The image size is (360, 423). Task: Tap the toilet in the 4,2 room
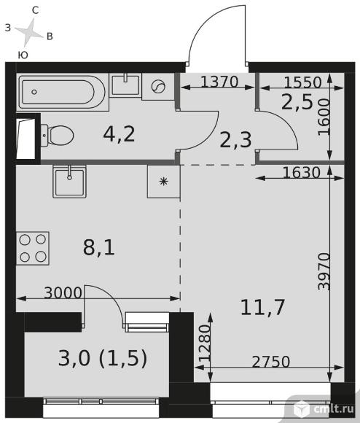click(57, 136)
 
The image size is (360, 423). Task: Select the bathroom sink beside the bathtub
click(125, 85)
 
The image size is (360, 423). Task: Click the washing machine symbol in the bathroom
click(158, 87)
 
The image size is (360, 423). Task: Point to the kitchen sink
click(69, 182)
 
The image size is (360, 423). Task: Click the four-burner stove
click(33, 248)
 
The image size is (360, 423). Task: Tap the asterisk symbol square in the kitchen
click(163, 182)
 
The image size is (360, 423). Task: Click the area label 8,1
click(99, 248)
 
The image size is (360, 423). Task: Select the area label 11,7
click(262, 308)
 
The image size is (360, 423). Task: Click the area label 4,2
click(119, 134)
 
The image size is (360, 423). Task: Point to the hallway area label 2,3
click(235, 140)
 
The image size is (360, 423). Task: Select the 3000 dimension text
click(63, 292)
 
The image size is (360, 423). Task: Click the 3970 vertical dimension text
click(324, 271)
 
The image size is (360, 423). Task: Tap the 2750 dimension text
click(271, 362)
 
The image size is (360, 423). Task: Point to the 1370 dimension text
click(219, 82)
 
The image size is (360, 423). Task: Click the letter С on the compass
click(35, 10)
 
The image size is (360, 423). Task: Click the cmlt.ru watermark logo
click(325, 408)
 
